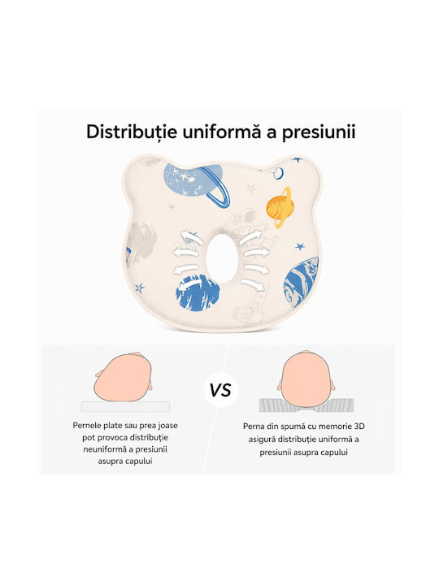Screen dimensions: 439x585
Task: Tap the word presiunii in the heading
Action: pos(319,132)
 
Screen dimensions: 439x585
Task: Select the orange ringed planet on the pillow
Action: pos(279,207)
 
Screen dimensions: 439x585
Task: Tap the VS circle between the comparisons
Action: pos(220,390)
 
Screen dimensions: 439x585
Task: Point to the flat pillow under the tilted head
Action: pos(125,407)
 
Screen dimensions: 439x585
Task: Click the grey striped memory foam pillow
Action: pos(306,405)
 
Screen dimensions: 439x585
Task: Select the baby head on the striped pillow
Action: pos(306,379)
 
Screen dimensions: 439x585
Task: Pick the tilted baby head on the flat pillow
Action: pos(124,378)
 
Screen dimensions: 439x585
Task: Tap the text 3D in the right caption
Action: pos(359,426)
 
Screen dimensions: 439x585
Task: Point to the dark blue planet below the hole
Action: pos(198,292)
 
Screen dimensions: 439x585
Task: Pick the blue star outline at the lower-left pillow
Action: pos(140,288)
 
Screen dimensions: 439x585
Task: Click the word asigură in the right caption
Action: pos(262,440)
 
